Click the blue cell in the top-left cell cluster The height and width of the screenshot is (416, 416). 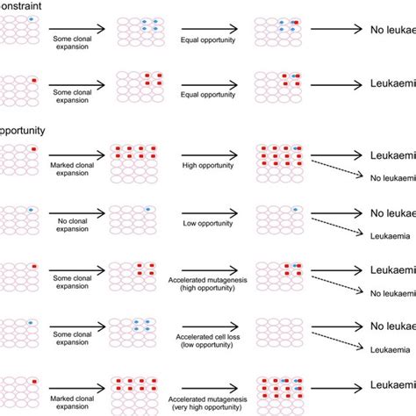33,18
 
